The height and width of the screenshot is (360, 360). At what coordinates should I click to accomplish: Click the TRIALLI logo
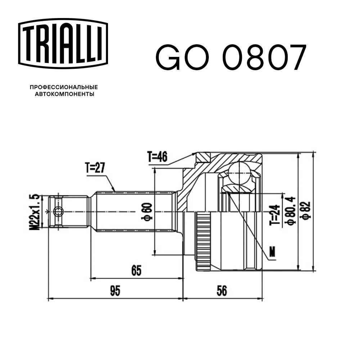pyautogui.click(x=63, y=44)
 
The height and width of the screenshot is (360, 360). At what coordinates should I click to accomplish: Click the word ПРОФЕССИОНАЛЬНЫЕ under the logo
pyautogui.click(x=64, y=87)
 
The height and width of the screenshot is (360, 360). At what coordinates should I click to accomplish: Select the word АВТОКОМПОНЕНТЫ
pyautogui.click(x=64, y=94)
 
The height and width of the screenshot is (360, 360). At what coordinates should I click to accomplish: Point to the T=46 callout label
pyautogui.click(x=158, y=157)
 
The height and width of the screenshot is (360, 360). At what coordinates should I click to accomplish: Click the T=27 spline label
pyautogui.click(x=95, y=168)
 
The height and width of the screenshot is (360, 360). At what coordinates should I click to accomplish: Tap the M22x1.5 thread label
pyautogui.click(x=35, y=212)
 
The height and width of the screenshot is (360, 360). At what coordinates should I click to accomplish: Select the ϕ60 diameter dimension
pyautogui.click(x=147, y=211)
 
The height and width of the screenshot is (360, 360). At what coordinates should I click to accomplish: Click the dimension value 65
pyautogui.click(x=136, y=270)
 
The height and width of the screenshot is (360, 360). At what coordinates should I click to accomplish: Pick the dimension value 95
pyautogui.click(x=115, y=291)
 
